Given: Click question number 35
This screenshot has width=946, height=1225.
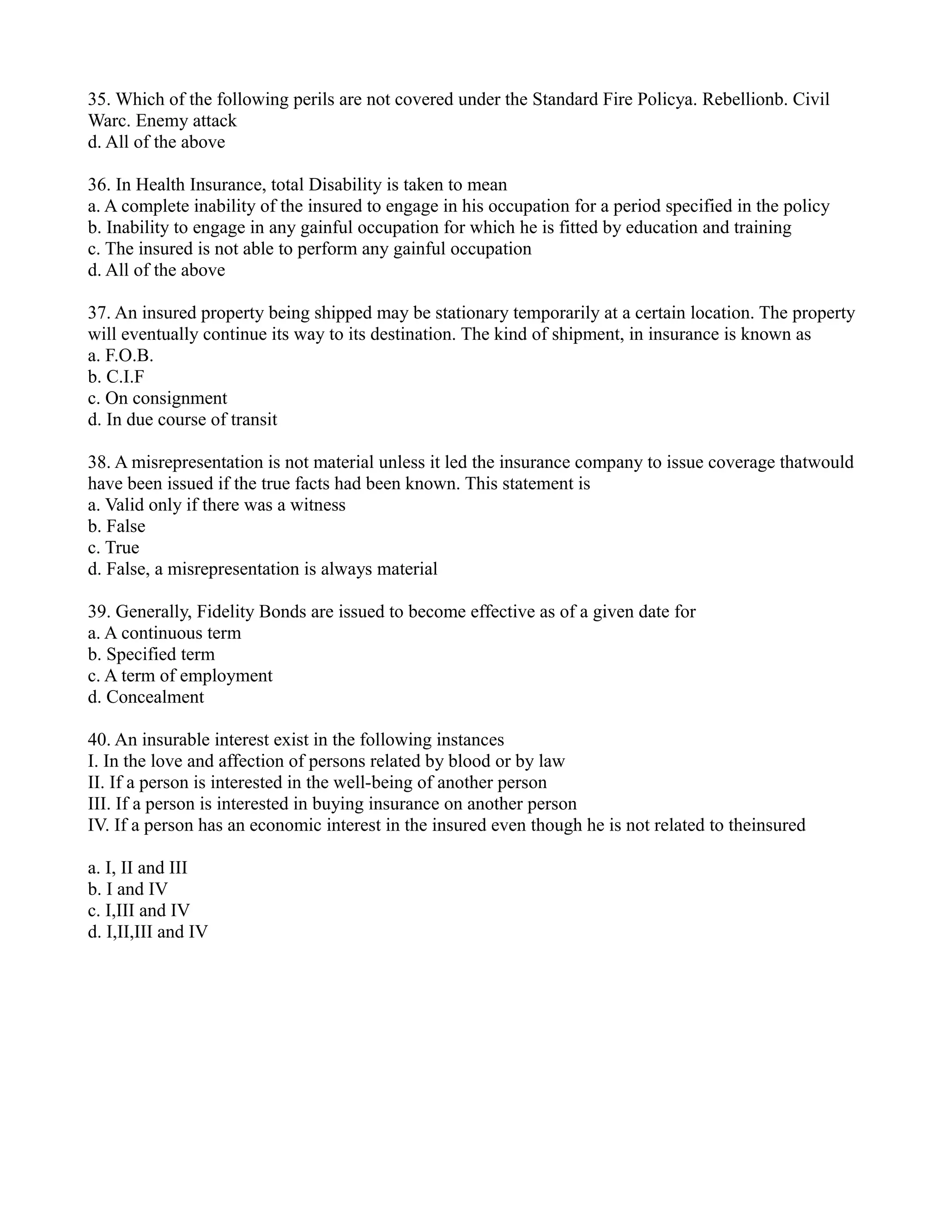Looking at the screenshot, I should tap(99, 99).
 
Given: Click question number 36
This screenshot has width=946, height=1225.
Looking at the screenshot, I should tap(99, 184).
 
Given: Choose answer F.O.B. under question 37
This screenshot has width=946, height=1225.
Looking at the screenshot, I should tap(128, 355).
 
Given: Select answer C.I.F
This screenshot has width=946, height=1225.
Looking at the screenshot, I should tap(124, 377).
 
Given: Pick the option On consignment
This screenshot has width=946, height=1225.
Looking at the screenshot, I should tap(166, 398).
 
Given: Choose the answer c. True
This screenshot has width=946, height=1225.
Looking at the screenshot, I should tap(121, 547).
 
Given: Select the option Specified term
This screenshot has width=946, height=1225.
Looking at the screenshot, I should tap(160, 654).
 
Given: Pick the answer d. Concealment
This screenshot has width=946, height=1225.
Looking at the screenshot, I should tap(155, 697).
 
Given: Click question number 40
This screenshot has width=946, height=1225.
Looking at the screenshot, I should tap(99, 740).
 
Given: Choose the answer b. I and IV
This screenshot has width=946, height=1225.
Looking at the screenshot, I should tap(136, 889).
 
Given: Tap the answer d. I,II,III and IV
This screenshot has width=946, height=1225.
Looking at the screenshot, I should tap(157, 931).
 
